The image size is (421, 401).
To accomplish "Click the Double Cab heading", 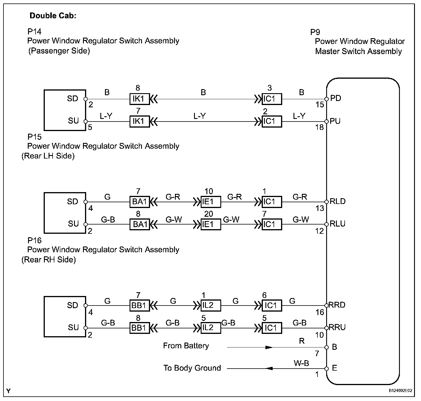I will [53, 16].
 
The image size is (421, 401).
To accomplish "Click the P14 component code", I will [34, 31].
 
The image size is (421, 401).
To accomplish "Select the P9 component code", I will [315, 32].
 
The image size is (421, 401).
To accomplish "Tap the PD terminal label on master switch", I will [336, 98].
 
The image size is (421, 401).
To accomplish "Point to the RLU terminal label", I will [337, 224].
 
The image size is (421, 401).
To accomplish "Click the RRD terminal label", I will [337, 305].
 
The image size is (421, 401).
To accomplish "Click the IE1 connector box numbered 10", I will [211, 202].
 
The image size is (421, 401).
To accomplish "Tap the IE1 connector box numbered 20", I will [211, 224].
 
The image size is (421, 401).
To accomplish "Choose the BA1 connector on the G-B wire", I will [140, 224].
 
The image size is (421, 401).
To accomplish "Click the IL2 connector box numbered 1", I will [211, 306].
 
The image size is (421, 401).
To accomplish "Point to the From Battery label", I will [186, 346].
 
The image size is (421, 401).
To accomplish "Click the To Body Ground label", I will [192, 368].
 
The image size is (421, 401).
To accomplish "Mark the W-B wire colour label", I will [301, 363].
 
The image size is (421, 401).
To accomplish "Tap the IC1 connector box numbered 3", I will [272, 99].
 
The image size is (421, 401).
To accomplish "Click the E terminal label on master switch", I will [335, 368].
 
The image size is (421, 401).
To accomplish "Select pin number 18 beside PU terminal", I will [320, 127].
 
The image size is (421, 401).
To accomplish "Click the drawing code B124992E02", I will [400, 391].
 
